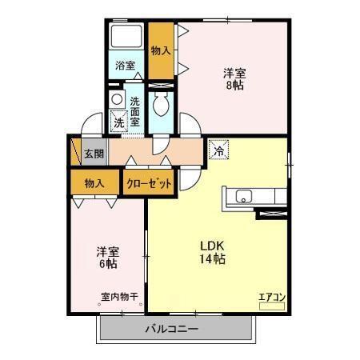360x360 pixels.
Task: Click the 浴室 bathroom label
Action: point(126,65)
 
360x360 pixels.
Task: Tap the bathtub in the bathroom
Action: point(126,37)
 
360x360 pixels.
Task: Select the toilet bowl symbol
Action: point(160,105)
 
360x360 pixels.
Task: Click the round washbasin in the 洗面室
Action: point(117,99)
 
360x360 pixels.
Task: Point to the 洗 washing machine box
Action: point(118,123)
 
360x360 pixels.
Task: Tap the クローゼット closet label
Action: point(150,183)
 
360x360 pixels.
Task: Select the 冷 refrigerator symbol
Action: point(218,149)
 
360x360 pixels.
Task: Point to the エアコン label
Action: point(271,297)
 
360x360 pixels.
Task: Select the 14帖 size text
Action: point(211,259)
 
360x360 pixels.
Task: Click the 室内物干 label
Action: point(119,297)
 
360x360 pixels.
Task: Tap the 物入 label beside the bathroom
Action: point(161,50)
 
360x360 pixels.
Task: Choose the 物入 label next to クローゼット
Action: point(94,183)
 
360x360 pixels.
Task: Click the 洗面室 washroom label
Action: point(135,112)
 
